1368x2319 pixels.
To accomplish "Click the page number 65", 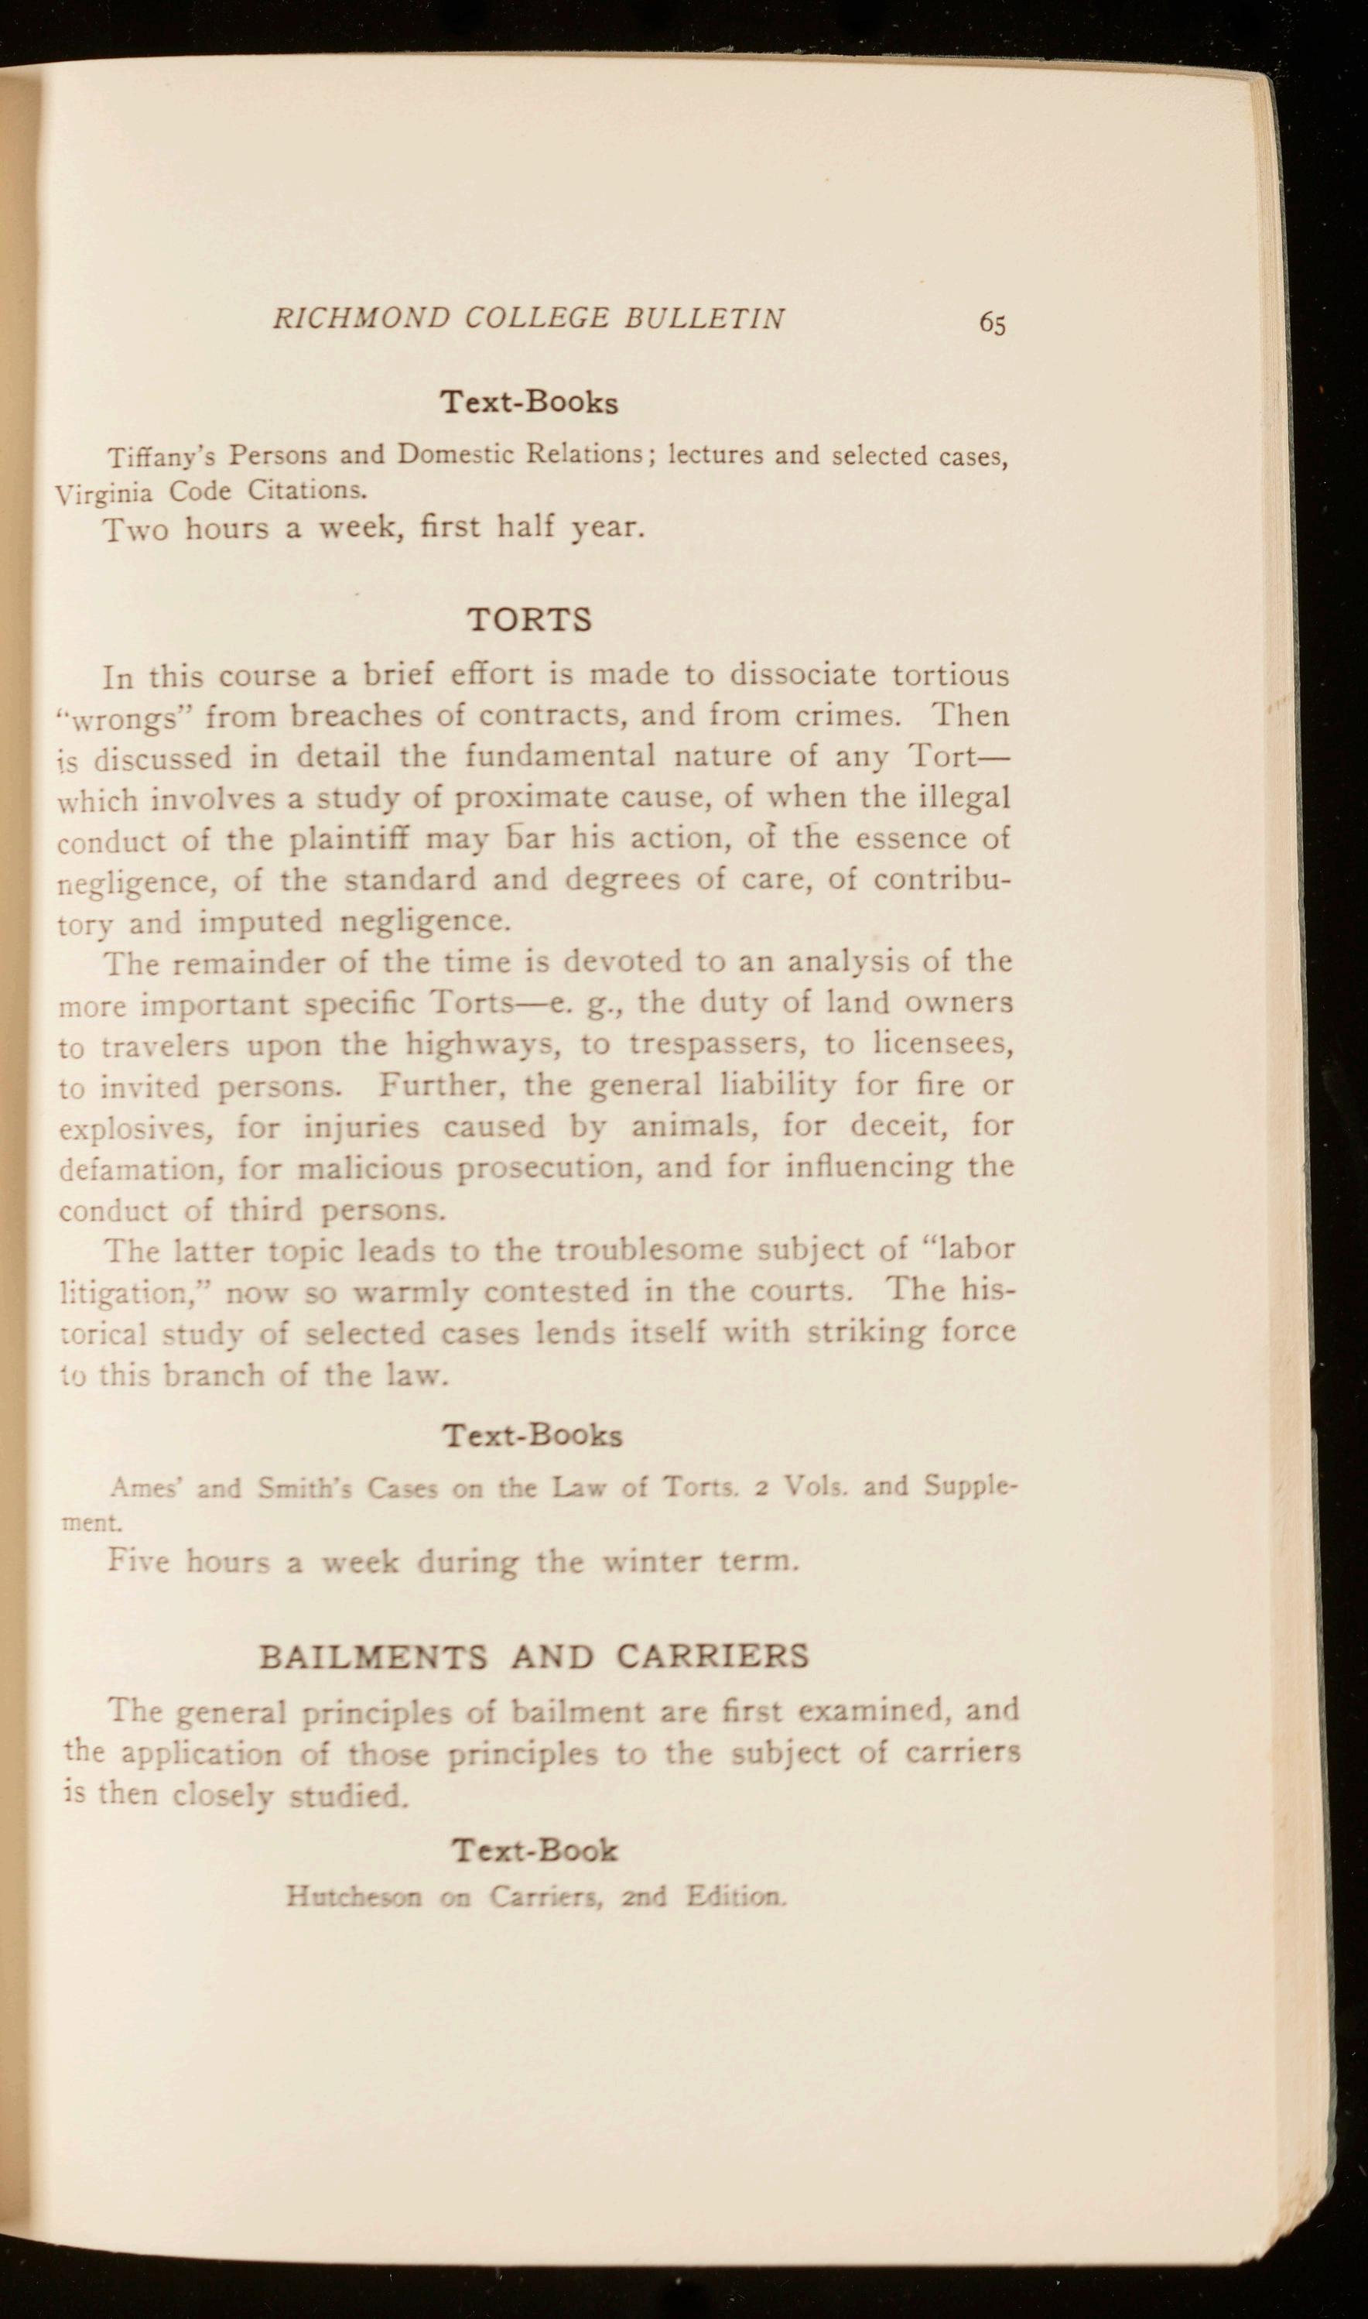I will [x=992, y=324].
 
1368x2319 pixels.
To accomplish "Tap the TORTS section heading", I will [x=529, y=618].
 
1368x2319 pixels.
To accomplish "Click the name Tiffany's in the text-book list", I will [x=161, y=457].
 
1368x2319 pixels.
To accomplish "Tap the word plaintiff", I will [x=351, y=839].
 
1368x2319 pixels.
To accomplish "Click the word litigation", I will [x=136, y=1291].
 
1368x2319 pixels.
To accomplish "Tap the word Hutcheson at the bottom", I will [x=353, y=1896].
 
